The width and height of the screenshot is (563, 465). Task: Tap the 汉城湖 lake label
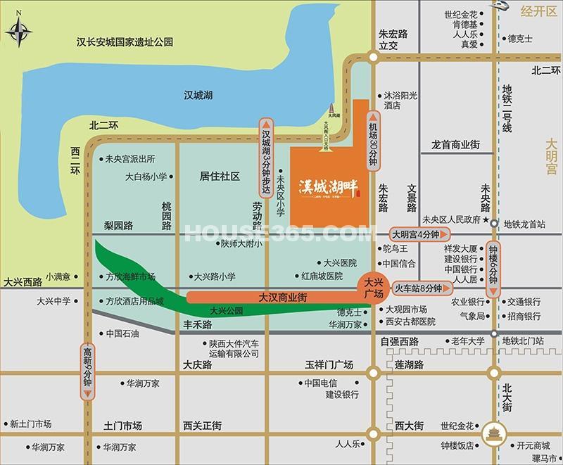198,95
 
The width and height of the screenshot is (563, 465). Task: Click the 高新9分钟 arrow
87,369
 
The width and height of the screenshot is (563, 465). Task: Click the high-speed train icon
505,6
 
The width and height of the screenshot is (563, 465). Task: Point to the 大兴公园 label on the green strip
225,310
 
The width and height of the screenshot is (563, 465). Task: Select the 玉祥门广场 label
329,365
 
